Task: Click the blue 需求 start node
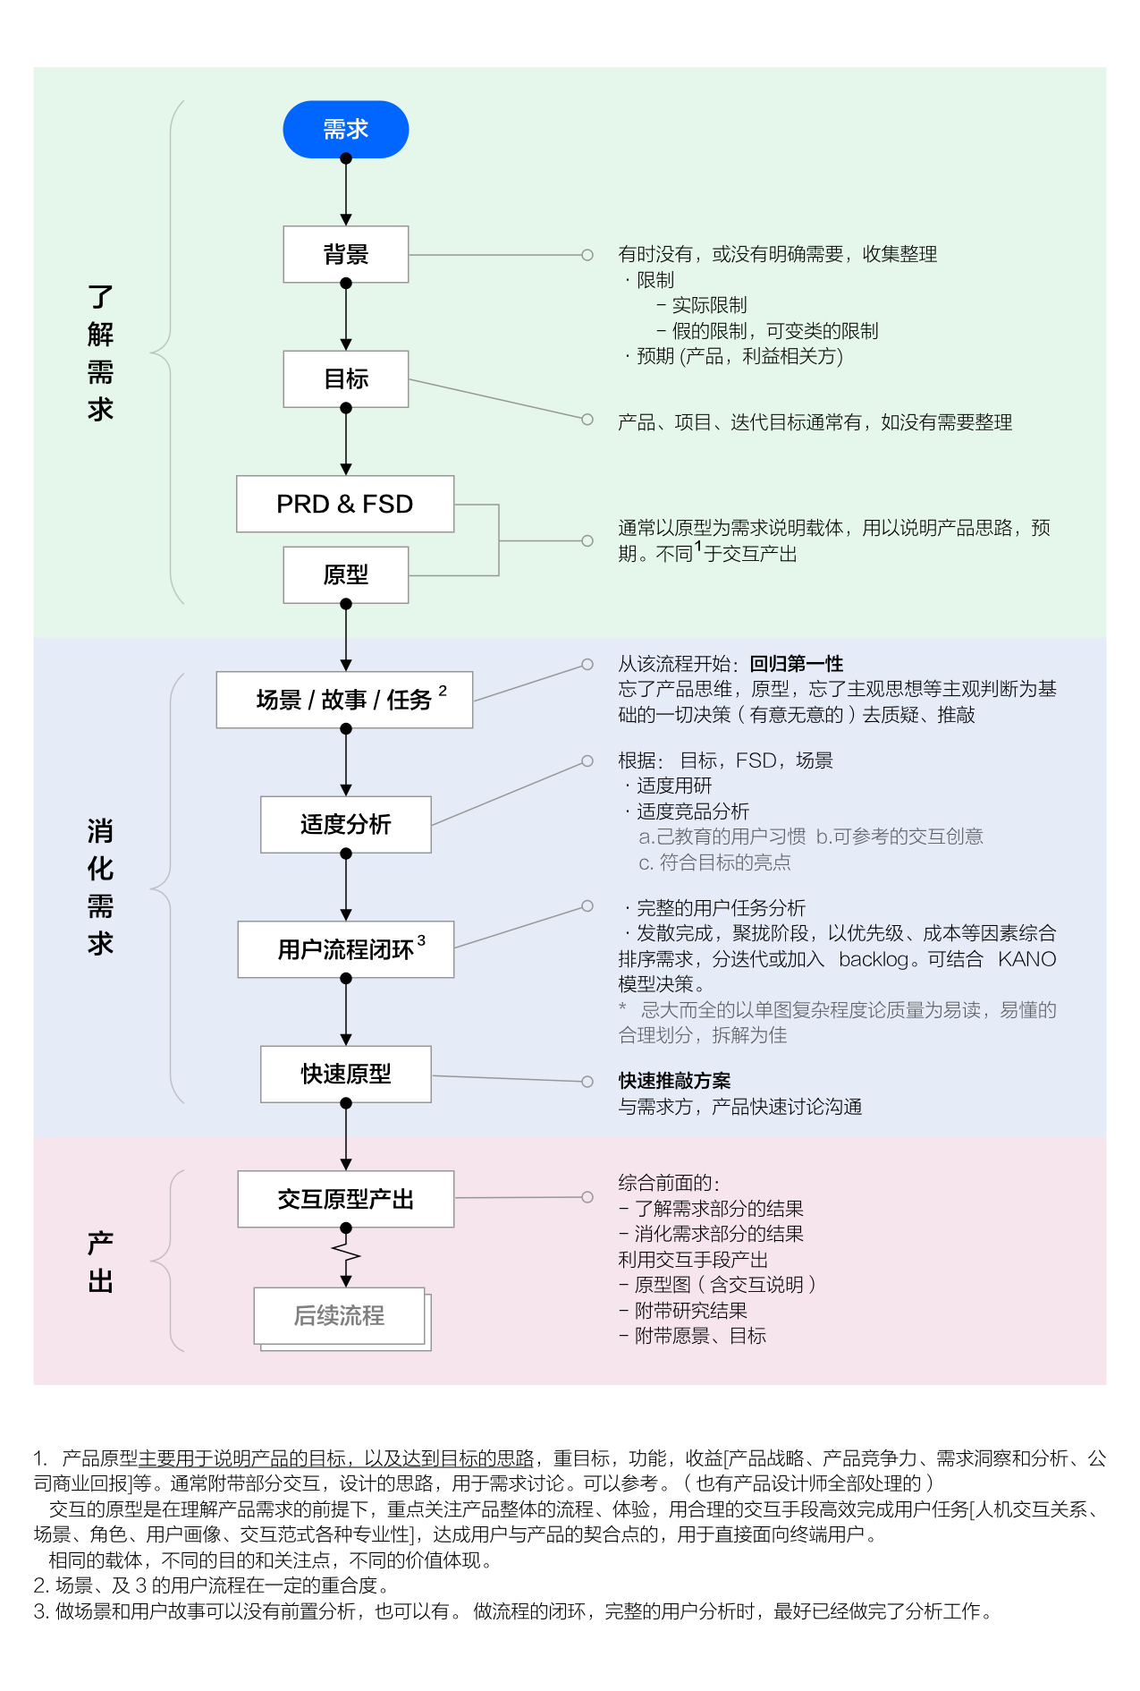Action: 345,130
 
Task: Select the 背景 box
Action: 345,255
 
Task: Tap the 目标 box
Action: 345,379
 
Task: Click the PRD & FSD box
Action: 345,505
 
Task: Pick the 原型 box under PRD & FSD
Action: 345,575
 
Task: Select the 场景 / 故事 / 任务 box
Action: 344,700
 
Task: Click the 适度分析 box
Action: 345,824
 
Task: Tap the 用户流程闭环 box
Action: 345,949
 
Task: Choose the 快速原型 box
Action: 345,1074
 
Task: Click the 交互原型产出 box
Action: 345,1199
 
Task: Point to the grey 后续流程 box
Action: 340,1315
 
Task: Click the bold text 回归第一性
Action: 796,664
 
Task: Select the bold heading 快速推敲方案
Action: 674,1081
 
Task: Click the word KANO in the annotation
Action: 1026,959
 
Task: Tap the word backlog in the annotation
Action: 872,959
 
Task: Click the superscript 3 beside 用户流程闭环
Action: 421,940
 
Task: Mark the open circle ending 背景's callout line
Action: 587,255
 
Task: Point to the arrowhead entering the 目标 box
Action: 346,345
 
